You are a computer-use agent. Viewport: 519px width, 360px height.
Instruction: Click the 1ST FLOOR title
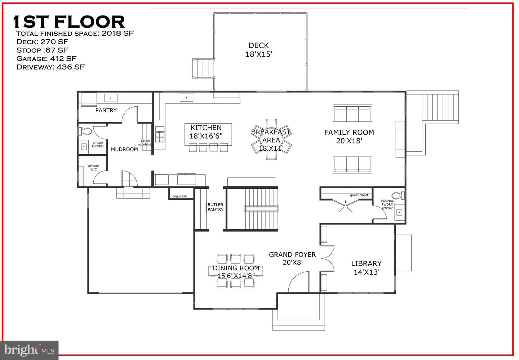[x=69, y=22]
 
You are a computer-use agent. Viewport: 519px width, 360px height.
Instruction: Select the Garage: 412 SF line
[x=46, y=58]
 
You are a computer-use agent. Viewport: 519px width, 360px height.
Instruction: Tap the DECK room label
[x=259, y=50]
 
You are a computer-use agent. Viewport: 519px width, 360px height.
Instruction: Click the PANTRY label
[x=106, y=110]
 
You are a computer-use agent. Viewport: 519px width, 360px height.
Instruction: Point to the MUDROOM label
[x=124, y=149]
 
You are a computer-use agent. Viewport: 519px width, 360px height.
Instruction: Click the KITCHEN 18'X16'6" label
[x=206, y=132]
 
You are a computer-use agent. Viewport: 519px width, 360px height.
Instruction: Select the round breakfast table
[x=271, y=139]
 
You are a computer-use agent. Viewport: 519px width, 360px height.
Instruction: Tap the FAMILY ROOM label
[x=349, y=137]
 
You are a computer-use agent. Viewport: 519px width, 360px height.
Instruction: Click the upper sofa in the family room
[x=352, y=114]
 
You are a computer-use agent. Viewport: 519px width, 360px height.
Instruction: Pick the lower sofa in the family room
[x=352, y=165]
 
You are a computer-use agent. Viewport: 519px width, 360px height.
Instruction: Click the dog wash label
[x=179, y=196]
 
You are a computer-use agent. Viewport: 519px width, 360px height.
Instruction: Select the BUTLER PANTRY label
[x=216, y=207]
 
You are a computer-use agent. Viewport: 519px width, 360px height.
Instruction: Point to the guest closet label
[x=359, y=195]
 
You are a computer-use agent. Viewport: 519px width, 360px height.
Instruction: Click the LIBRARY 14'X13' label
[x=366, y=268]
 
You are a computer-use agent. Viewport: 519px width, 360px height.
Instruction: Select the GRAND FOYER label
[x=292, y=258]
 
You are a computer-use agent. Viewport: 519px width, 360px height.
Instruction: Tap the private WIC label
[x=93, y=168]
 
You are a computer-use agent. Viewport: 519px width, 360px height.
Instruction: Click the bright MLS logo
[x=29, y=350]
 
